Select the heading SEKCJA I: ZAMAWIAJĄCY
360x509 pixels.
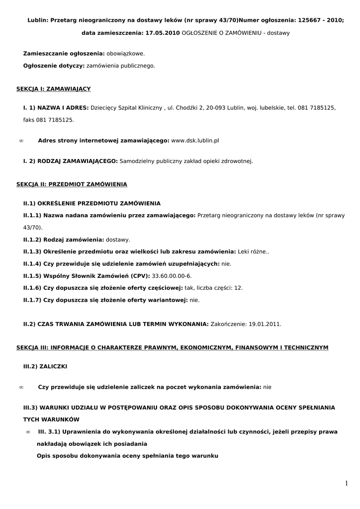coord(54,89)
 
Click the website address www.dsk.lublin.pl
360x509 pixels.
coord(195,141)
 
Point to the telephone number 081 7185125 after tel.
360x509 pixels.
coord(317,107)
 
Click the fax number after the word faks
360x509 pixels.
coord(55,120)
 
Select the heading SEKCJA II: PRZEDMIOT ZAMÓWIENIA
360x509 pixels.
coord(72,184)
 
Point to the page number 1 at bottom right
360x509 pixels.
coord(346,483)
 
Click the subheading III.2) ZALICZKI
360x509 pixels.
coord(45,366)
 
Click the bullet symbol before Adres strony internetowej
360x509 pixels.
coord(21,141)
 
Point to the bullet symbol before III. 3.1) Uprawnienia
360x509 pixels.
coord(28,432)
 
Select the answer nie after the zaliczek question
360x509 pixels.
coord(268,387)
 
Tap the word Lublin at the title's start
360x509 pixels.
coord(37,20)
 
